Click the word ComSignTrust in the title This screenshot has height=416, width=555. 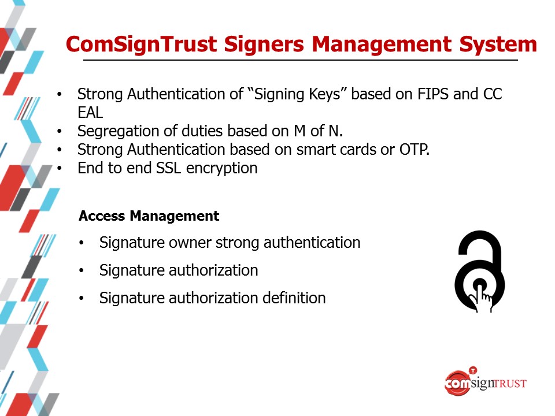(x=141, y=45)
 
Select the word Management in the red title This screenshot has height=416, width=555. (x=382, y=45)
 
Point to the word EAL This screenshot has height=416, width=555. (x=90, y=113)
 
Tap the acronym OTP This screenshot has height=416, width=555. (x=414, y=150)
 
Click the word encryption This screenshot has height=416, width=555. (x=221, y=168)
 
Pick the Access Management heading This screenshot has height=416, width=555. (x=149, y=216)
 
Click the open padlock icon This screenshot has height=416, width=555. (x=480, y=271)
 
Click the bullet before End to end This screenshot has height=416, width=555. (x=60, y=168)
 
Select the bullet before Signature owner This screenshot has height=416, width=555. (x=82, y=243)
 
